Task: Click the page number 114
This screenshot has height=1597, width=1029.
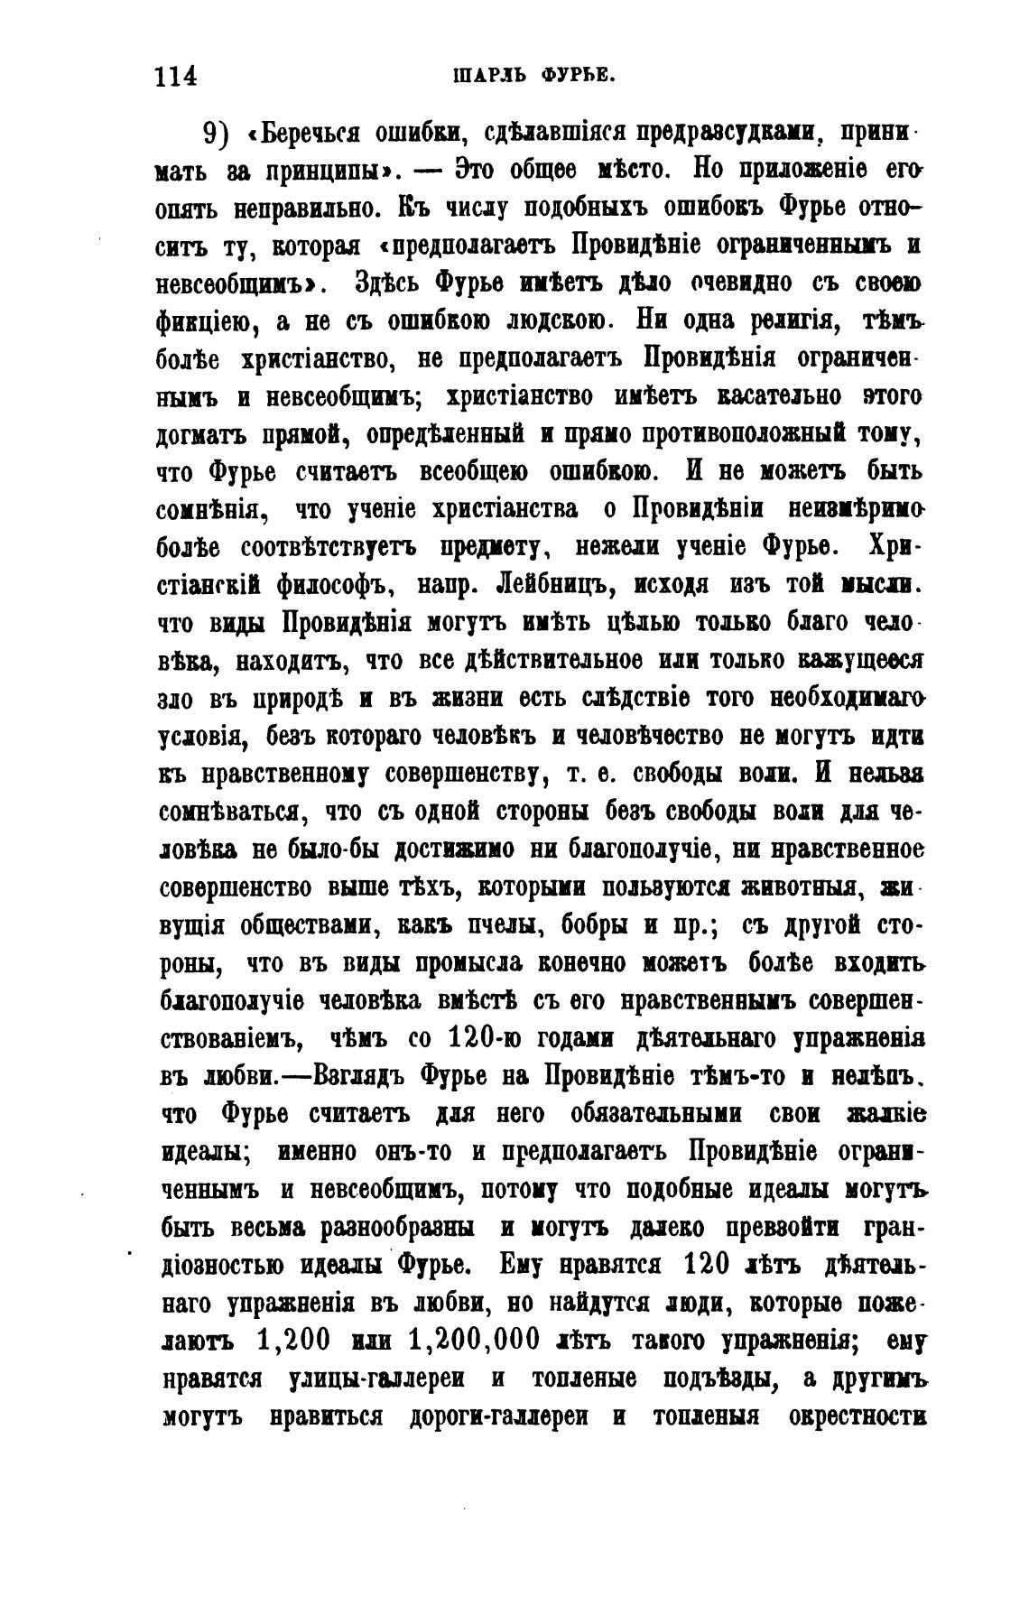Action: coord(176,75)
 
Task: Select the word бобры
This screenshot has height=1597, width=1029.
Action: coord(561,925)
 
